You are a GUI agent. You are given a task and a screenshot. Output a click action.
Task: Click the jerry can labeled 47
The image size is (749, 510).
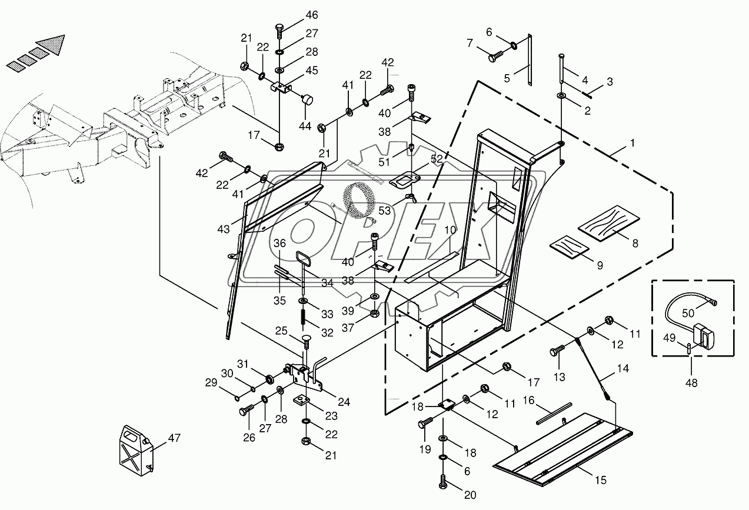click(136, 451)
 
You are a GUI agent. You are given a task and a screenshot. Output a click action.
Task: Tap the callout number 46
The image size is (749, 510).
click(312, 15)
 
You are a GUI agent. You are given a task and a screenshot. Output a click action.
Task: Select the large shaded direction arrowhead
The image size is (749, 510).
click(52, 44)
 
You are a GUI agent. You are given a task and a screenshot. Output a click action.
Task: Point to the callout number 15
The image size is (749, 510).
click(601, 480)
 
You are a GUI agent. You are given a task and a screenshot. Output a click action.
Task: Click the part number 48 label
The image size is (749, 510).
click(691, 383)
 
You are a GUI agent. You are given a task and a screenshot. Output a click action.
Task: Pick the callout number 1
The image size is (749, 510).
click(633, 143)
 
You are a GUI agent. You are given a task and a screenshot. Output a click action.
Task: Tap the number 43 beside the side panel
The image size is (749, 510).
click(224, 229)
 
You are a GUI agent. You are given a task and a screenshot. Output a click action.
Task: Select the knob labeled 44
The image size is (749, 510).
click(307, 99)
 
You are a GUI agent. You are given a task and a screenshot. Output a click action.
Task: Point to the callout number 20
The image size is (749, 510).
click(470, 495)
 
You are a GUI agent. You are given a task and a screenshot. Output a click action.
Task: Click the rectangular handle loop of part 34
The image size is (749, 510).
click(303, 259)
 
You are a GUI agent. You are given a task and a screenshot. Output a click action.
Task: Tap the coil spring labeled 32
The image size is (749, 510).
click(304, 316)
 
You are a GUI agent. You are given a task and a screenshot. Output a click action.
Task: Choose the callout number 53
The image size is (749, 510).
click(385, 211)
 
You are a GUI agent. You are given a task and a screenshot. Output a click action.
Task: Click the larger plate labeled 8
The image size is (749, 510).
click(608, 223)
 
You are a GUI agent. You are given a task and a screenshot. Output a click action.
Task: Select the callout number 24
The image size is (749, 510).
click(344, 402)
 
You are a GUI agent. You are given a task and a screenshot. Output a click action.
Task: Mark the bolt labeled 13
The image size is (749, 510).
click(557, 351)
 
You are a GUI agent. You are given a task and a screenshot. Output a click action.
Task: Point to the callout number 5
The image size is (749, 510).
click(507, 79)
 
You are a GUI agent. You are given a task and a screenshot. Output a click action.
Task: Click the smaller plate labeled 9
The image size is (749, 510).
click(570, 247)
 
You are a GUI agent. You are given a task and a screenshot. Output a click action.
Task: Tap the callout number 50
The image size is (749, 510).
click(688, 313)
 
